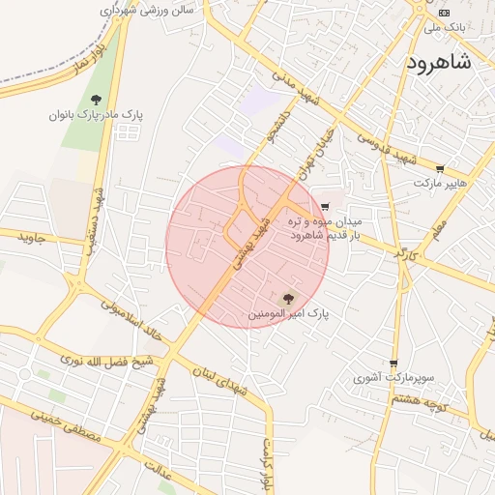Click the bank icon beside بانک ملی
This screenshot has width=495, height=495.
pos(444,13)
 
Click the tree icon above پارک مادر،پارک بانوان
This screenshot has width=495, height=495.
pos(97,99)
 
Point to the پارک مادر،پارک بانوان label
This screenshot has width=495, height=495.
pos(97,114)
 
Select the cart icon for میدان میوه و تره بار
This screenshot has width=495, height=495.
pos(324,206)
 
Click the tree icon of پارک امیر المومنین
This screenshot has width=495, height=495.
pos(288,299)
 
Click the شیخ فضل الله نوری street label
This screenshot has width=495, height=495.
pos(106,361)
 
